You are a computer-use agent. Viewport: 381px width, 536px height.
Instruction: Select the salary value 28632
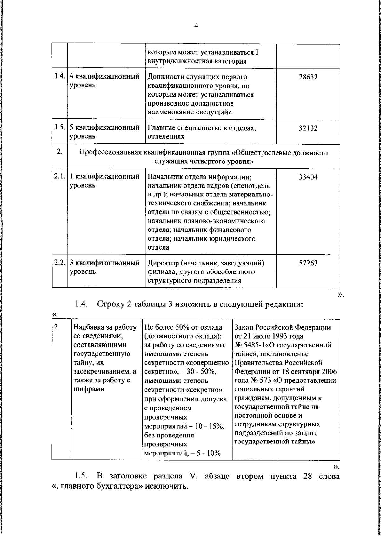(x=308, y=77)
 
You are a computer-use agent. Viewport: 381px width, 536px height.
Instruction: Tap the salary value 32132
(x=308, y=128)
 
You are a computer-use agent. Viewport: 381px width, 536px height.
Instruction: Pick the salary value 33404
(x=308, y=177)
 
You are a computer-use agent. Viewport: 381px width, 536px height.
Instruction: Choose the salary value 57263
(x=308, y=263)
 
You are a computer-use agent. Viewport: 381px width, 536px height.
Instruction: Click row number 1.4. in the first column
(x=60, y=77)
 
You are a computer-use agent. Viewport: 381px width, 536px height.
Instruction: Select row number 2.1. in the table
(x=60, y=176)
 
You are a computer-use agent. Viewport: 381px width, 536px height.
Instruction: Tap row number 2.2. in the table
(x=60, y=263)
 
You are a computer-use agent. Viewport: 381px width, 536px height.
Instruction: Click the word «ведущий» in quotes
(x=216, y=112)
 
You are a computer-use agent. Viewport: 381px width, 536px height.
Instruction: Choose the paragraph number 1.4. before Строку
(x=81, y=305)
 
